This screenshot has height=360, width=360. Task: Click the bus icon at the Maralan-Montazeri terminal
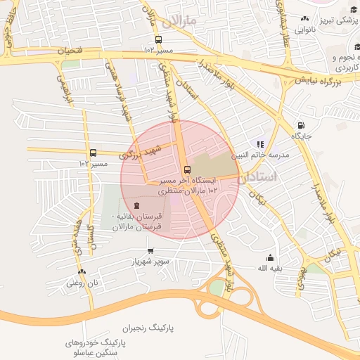click(187, 169)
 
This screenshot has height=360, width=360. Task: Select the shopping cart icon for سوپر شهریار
click(150, 251)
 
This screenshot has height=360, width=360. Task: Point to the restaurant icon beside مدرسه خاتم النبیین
click(260, 144)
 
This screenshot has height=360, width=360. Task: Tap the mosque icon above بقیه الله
click(268, 257)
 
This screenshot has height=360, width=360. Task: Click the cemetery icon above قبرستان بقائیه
click(146, 205)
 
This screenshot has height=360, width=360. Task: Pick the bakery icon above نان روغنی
click(82, 271)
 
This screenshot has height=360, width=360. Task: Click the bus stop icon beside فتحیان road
click(158, 39)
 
